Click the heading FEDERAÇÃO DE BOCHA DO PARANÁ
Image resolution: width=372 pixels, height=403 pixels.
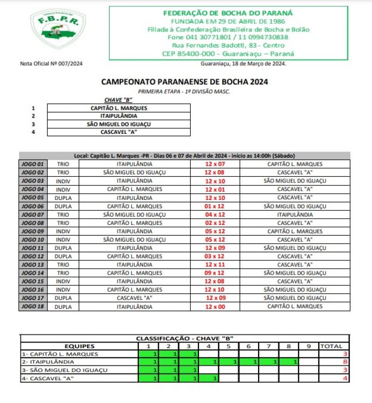click(228, 13)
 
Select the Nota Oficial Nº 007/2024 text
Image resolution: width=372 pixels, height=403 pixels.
click(54, 64)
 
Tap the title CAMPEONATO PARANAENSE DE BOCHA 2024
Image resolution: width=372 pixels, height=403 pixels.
click(184, 82)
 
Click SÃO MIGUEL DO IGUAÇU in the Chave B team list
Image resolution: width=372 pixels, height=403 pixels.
click(119, 124)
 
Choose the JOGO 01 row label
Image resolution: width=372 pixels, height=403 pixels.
click(33, 164)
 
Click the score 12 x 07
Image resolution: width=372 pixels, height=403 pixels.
click(215, 164)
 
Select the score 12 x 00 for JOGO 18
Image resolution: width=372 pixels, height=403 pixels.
click(215, 307)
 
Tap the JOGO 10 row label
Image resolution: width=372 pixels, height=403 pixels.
click(33, 239)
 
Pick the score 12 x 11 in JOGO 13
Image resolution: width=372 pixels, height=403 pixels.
click(215, 264)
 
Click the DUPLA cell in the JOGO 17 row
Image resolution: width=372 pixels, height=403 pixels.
click(63, 298)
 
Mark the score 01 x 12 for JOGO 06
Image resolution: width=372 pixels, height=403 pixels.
click(215, 206)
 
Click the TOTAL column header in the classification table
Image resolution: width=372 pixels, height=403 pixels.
click(331, 346)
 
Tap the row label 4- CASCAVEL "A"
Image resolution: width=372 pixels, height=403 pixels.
click(49, 378)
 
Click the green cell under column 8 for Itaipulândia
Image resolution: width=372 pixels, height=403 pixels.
click(289, 362)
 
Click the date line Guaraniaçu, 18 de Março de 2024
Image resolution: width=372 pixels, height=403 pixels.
click(243, 64)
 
